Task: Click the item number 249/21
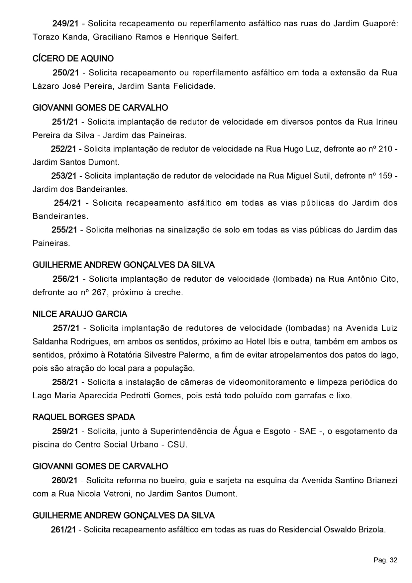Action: [65, 24]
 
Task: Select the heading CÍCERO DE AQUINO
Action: [73, 59]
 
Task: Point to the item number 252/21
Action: [63, 149]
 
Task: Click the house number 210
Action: [385, 149]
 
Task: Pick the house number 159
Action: [385, 176]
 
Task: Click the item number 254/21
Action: [67, 203]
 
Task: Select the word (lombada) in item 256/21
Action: [292, 279]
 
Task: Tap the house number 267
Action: [100, 293]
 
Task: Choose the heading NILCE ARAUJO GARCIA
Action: [80, 314]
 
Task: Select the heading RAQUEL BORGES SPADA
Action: [84, 417]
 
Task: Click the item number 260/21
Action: [64, 481]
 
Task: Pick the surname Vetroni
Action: [114, 494]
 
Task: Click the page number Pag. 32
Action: [385, 560]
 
